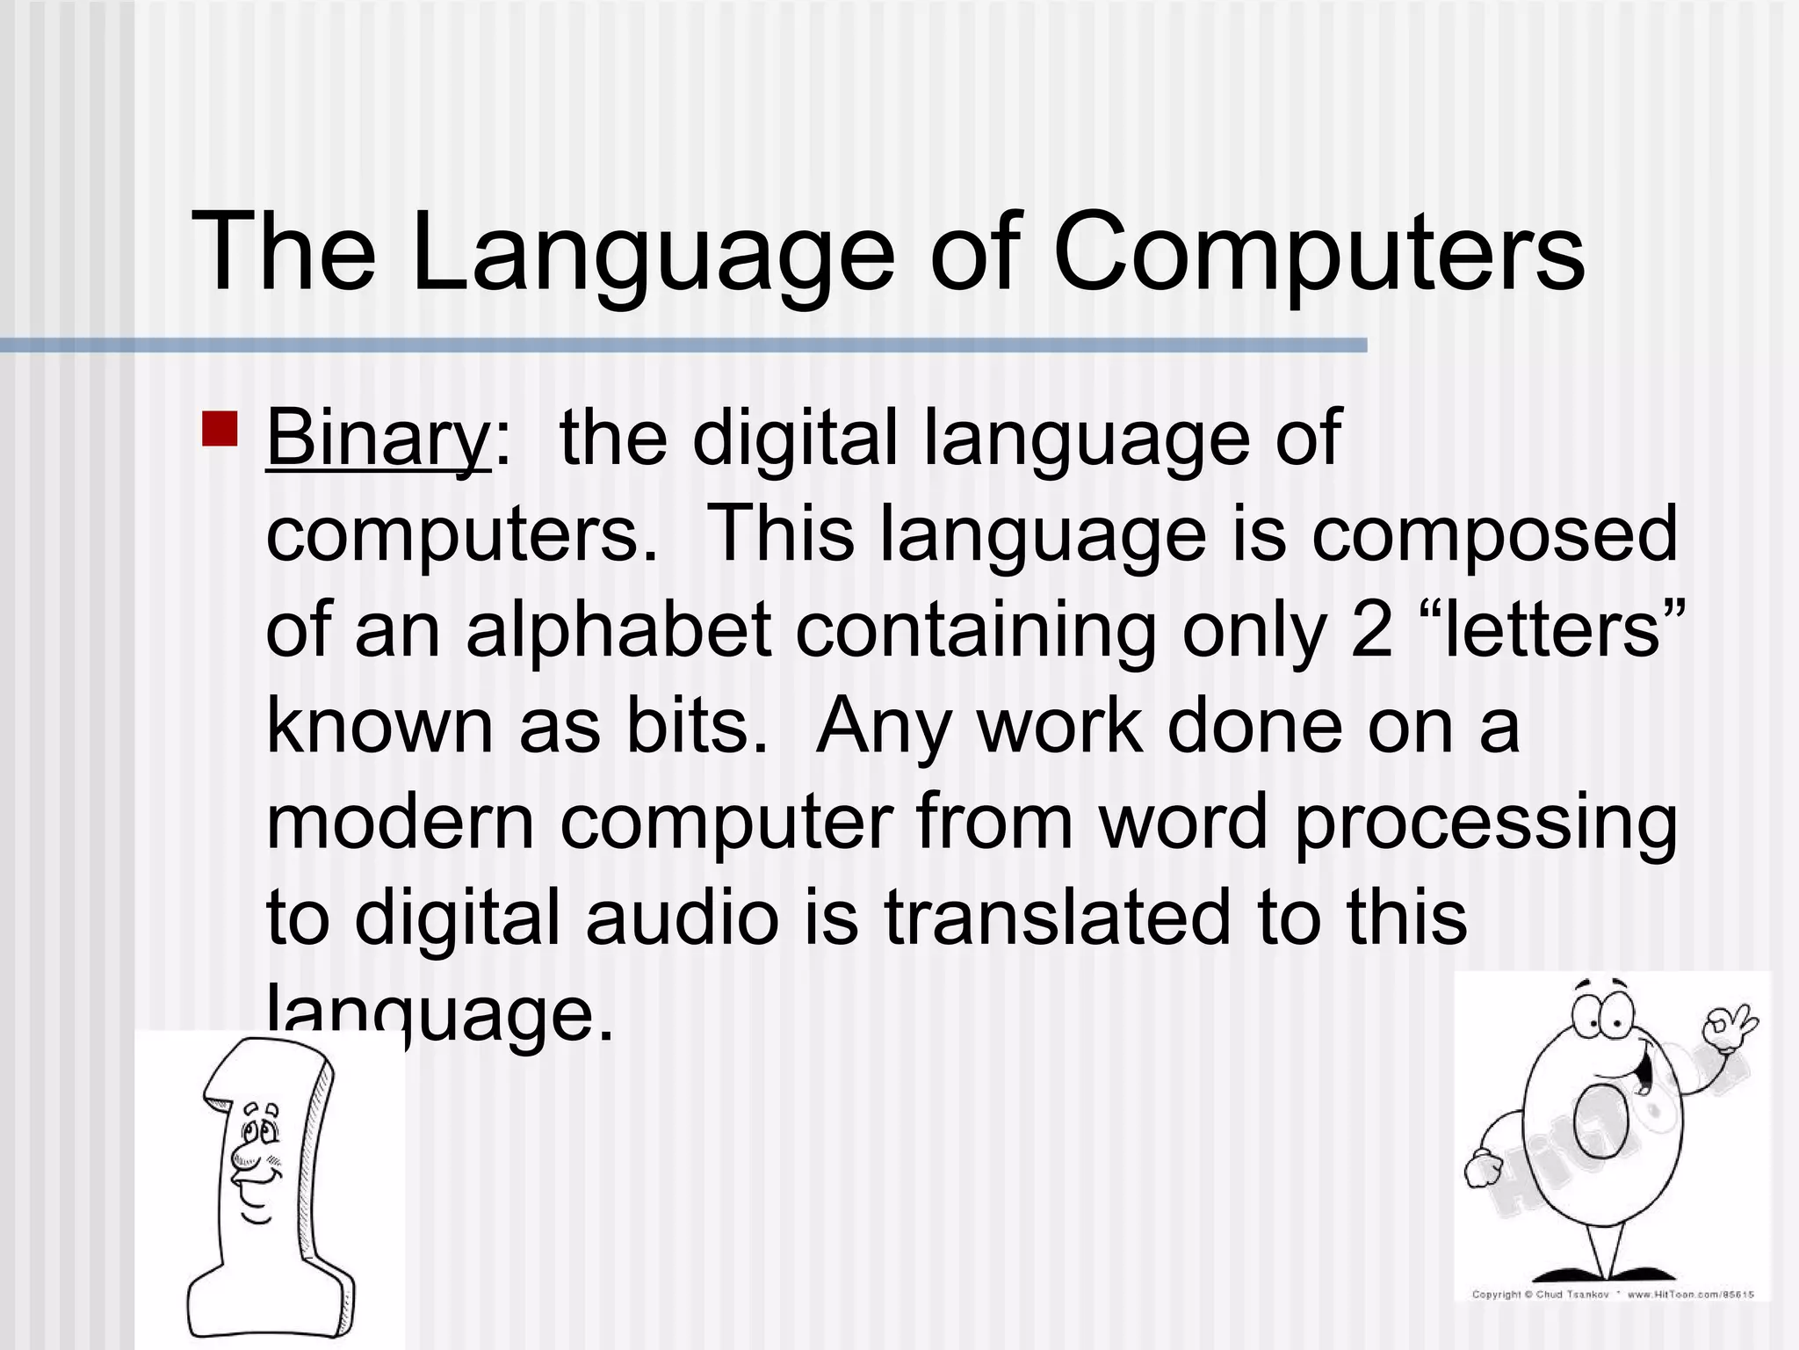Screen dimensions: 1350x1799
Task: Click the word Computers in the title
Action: coord(1318,253)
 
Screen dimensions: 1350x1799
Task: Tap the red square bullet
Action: coord(220,428)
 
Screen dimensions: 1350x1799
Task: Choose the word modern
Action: coord(400,821)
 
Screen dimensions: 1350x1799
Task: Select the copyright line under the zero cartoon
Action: coord(1613,1295)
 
